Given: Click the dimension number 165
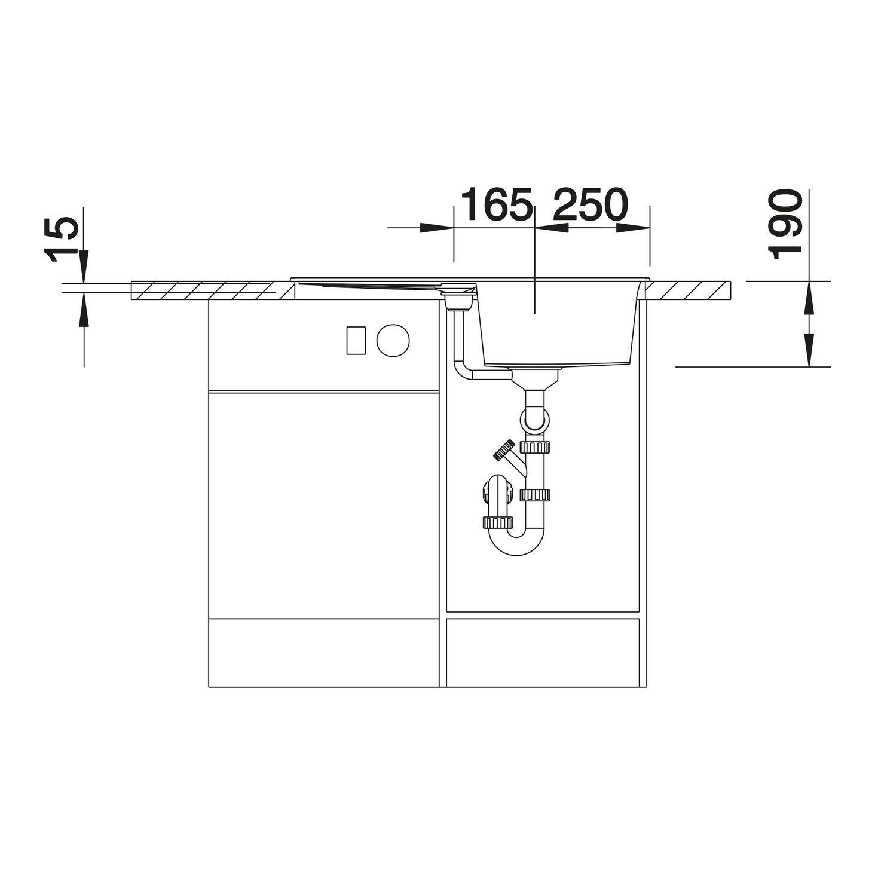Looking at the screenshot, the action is (496, 204).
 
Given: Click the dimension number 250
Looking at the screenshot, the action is (591, 204).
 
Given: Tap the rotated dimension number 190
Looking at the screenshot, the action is (785, 225).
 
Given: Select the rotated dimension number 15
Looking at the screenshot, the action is (61, 239).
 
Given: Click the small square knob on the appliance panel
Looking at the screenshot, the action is (356, 340).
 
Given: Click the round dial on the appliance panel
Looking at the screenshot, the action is (393, 340).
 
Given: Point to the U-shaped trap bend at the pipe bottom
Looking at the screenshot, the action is (516, 543).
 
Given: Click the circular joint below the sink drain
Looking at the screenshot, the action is (535, 418).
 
